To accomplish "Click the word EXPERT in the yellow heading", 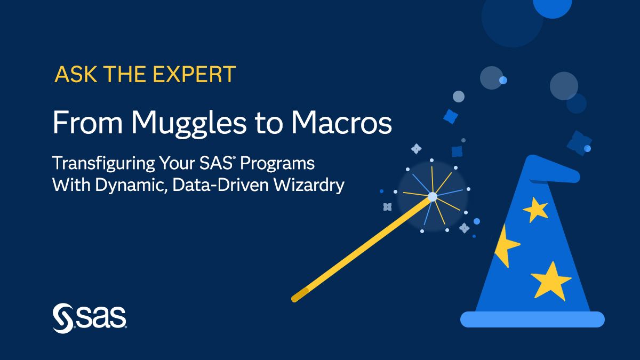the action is coord(195,74).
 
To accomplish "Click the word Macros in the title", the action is coord(341,122).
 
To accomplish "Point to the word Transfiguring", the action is coord(103,164).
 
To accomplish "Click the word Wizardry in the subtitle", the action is coord(309,185).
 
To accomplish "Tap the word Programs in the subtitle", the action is coord(277,164).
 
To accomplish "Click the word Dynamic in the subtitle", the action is coord(131,185).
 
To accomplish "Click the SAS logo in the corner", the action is coord(90,318).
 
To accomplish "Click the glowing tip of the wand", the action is coord(433,197).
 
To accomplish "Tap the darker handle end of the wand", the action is coord(300,295).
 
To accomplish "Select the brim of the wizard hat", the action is coord(532,319).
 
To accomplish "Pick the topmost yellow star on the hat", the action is coord(535,210).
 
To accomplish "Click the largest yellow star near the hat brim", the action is coord(551,281).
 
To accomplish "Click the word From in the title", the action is coord(87,122).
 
